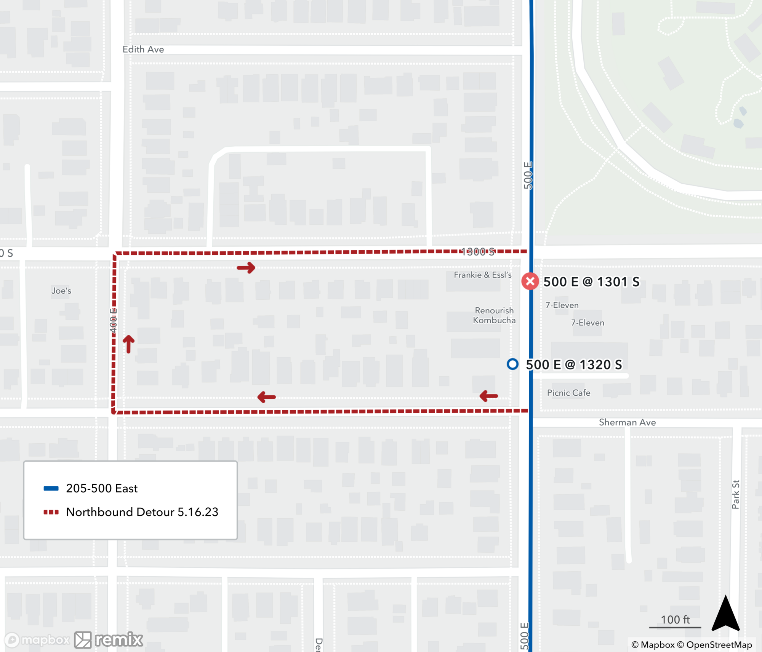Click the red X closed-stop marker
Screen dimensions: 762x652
(x=530, y=281)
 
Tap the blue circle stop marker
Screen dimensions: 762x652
(x=512, y=364)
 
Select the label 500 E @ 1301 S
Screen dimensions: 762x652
(x=591, y=282)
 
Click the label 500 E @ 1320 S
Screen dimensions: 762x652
(x=574, y=365)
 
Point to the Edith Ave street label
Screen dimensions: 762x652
(x=143, y=50)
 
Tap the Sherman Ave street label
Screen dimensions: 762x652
(x=627, y=422)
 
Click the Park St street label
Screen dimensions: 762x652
(x=735, y=494)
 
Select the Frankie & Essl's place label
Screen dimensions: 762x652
(x=482, y=275)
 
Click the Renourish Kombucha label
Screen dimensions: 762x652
(x=494, y=315)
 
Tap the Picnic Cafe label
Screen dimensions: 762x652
(x=568, y=393)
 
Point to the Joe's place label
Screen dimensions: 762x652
(x=61, y=291)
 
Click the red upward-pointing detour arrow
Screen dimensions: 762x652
(x=129, y=344)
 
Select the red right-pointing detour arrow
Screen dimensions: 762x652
(x=246, y=267)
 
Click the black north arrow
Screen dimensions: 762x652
(x=725, y=614)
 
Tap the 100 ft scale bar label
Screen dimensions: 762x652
(x=675, y=620)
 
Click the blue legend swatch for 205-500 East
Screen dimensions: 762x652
(x=51, y=489)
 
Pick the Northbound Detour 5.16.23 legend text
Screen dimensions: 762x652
(x=142, y=512)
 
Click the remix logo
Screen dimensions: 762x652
(x=109, y=640)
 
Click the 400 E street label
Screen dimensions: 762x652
(x=113, y=320)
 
